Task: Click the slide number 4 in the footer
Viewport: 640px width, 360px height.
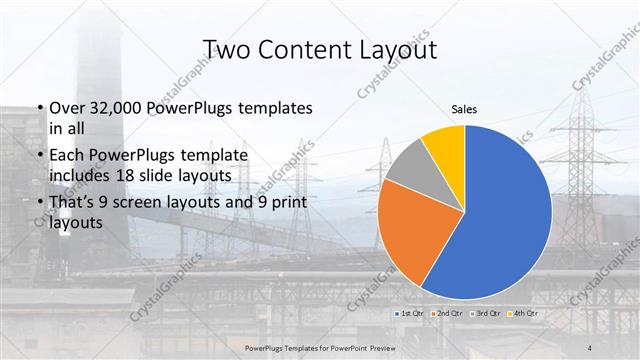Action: click(x=591, y=347)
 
